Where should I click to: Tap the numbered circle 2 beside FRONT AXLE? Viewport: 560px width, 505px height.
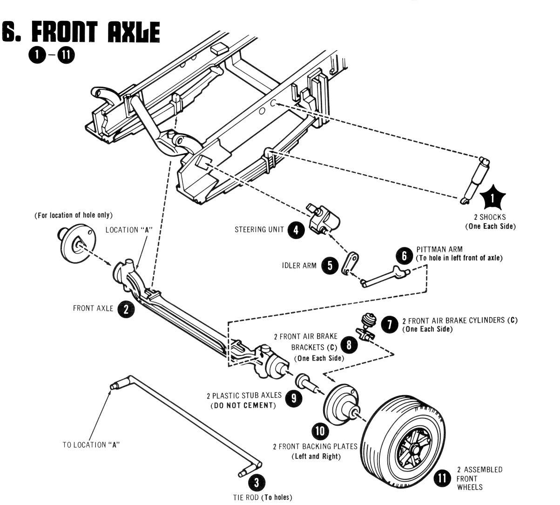coord(126,308)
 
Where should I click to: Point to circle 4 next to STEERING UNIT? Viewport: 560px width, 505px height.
coord(296,229)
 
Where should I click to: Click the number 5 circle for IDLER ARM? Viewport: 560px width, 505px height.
coord(330,266)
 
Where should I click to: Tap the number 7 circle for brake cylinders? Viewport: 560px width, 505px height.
coord(389,324)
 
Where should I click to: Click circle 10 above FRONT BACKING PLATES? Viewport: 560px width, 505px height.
coord(320,430)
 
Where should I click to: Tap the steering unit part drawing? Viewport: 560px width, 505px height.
coord(323,217)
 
